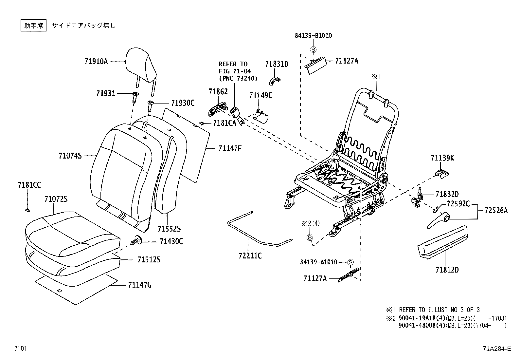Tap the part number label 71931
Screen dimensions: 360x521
click(106, 93)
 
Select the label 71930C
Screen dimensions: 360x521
click(183, 103)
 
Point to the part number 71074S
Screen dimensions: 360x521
click(70, 156)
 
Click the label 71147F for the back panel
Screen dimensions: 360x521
click(230, 148)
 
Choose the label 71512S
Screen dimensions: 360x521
click(149, 260)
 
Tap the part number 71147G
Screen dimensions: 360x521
click(140, 285)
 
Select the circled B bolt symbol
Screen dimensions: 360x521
click(310, 237)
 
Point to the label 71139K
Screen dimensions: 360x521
click(442, 158)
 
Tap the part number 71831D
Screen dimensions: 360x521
click(277, 64)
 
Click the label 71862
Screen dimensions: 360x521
click(218, 92)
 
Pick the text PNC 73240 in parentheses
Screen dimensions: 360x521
click(238, 78)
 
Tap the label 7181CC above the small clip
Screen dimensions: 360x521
click(29, 185)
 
